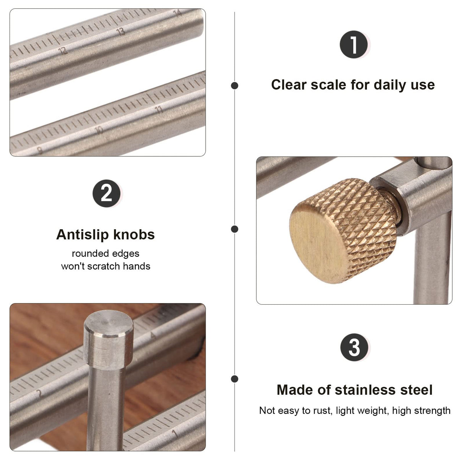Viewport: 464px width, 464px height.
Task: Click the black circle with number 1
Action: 354,45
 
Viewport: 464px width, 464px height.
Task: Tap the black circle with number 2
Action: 106,193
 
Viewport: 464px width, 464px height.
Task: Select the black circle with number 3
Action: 354,347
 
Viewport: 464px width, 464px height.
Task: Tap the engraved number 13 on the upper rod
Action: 121,31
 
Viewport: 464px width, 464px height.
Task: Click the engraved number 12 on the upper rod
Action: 62,50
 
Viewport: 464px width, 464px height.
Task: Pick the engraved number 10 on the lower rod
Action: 99,130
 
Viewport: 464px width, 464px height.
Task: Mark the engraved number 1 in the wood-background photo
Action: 175,433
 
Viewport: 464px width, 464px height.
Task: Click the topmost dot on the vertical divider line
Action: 235,86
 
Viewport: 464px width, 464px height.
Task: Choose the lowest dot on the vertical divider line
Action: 235,379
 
